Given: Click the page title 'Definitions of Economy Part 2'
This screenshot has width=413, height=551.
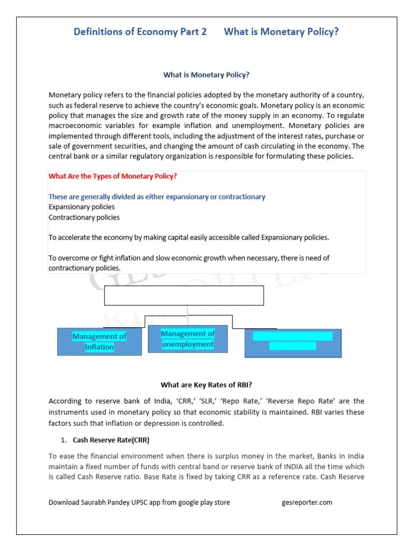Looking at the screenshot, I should click(x=140, y=32).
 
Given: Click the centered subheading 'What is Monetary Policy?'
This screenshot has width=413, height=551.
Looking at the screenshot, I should click(x=206, y=75).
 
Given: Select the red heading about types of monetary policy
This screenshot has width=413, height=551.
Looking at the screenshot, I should click(x=112, y=176).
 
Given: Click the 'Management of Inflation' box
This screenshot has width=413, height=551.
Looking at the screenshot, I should click(x=99, y=342).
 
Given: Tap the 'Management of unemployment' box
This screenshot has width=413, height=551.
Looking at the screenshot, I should click(x=188, y=339).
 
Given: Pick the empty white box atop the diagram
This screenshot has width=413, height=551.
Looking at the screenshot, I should click(x=184, y=295).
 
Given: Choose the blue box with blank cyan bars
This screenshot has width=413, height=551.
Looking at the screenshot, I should click(x=293, y=343).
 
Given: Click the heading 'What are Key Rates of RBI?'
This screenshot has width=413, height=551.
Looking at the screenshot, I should click(x=206, y=385).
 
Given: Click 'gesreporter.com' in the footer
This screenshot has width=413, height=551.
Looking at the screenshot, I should click(x=307, y=503).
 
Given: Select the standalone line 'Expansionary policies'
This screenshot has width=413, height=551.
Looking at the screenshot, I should click(x=81, y=207).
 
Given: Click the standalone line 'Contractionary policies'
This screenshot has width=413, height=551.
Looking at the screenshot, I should click(x=84, y=217).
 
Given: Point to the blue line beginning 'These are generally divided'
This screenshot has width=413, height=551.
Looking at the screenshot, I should click(x=156, y=197).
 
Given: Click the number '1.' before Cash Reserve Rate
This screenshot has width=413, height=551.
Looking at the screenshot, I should click(x=63, y=440).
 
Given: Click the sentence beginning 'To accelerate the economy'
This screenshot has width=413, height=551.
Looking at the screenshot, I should click(x=188, y=237).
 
